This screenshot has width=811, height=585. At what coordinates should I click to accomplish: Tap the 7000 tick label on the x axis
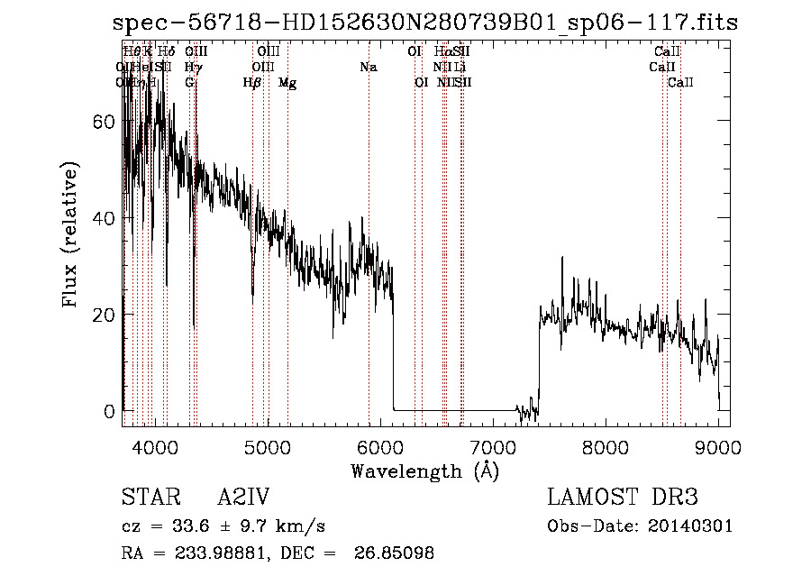pos(493,446)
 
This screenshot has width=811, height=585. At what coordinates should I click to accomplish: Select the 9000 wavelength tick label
pos(718,446)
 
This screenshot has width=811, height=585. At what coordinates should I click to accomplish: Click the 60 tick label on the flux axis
pos(105,122)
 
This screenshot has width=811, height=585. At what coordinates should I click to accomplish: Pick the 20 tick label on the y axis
pos(105,315)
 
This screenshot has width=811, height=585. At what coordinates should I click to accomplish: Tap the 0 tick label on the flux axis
pos(110,411)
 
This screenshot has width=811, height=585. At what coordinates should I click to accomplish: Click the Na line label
pos(368,67)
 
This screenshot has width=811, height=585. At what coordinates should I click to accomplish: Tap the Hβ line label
pos(252,82)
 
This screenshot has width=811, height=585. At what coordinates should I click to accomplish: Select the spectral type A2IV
pos(243,497)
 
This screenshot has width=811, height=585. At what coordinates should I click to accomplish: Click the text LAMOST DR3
pos(623,497)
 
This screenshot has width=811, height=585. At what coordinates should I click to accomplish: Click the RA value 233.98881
pos(206,553)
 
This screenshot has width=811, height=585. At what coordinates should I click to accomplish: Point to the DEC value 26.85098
pos(397,553)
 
